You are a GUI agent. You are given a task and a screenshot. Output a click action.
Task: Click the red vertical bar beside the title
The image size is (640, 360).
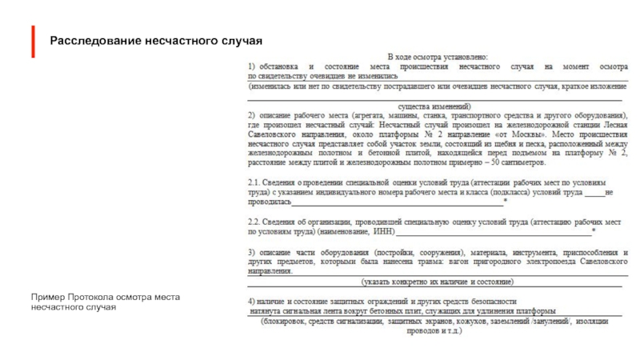[x=34, y=41]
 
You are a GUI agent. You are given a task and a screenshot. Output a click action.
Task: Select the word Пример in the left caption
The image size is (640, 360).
[x=46, y=298]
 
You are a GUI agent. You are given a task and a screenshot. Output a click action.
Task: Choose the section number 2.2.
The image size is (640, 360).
[x=254, y=220]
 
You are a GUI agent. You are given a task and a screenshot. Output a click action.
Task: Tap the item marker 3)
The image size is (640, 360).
[x=251, y=251]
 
